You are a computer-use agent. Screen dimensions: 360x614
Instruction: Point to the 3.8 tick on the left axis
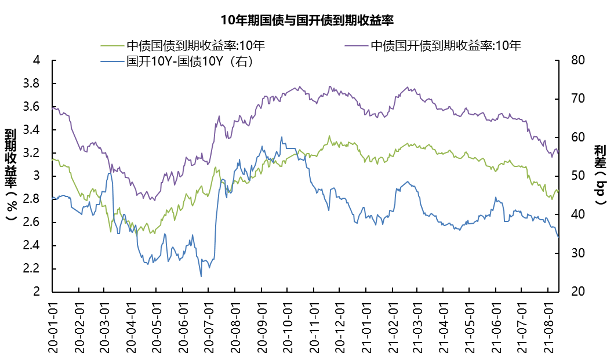(32, 83)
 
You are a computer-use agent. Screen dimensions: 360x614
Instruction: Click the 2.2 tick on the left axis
(32, 269)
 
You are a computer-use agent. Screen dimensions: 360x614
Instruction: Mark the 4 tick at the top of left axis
(37, 60)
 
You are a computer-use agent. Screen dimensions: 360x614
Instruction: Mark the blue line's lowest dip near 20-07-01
(201, 276)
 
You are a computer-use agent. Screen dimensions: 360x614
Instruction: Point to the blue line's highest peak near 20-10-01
(282, 137)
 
